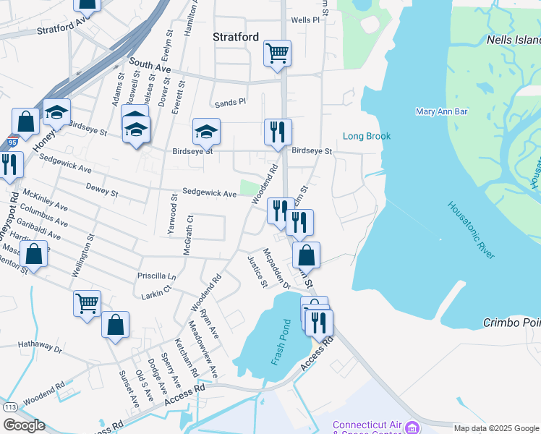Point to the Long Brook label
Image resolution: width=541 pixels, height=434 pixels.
[x=366, y=136]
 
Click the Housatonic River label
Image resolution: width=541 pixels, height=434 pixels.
[x=471, y=231]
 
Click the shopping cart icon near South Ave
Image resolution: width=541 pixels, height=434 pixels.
[x=277, y=53]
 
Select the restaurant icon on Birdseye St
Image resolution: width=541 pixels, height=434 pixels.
[x=278, y=132]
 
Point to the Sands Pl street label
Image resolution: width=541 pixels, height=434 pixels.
[x=230, y=103]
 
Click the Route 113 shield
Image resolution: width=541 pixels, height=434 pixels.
[x=10, y=408]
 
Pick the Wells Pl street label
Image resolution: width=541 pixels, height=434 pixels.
[x=304, y=20]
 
